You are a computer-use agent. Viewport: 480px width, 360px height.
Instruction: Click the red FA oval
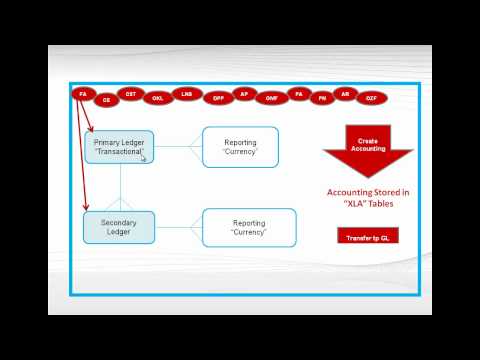(82, 94)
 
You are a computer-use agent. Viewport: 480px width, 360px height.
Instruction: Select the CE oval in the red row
(106, 99)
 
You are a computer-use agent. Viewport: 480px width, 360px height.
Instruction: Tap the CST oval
(131, 94)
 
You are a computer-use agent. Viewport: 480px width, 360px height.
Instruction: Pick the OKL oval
(157, 98)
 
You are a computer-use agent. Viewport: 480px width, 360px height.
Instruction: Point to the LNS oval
(186, 94)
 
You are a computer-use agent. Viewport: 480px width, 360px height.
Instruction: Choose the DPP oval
(217, 98)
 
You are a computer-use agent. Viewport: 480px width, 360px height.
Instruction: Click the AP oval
(244, 94)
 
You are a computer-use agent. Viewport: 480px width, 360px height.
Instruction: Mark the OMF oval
(271, 98)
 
